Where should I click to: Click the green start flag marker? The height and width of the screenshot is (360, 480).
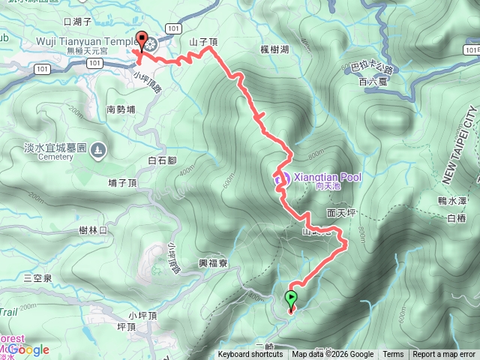coord(291,299)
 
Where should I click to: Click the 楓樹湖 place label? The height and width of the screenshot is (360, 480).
coord(275,49)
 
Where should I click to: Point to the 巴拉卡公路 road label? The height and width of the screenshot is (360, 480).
coord(370,67)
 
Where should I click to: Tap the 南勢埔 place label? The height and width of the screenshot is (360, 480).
coord(121,109)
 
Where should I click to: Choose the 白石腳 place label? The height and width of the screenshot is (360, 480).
coord(162,160)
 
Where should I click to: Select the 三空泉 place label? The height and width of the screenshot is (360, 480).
coord(37,277)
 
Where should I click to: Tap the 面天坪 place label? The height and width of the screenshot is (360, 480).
coord(341,213)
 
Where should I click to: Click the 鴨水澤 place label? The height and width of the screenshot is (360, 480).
coord(452,200)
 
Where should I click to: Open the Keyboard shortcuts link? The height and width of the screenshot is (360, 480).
coord(251,355)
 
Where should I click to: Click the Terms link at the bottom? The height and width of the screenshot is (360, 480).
coord(393,355)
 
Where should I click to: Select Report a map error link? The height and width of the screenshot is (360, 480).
coord(444,355)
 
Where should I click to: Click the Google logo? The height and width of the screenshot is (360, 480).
coord(28,349)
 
